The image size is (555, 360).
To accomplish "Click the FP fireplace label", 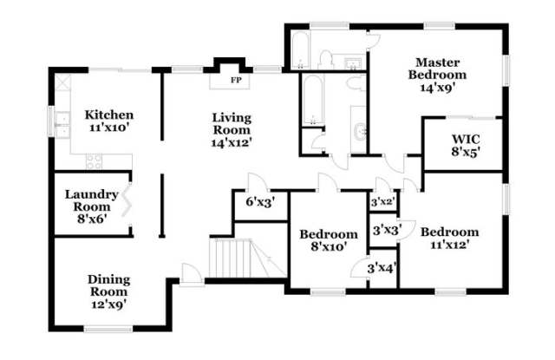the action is click(x=236, y=80).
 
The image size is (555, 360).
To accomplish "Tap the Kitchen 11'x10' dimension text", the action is click(x=108, y=128).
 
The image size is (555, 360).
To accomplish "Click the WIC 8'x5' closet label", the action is click(x=466, y=145).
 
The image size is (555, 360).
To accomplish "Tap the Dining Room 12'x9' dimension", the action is click(x=108, y=304).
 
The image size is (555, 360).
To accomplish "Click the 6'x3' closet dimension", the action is click(x=260, y=202).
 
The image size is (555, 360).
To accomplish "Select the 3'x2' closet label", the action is click(x=383, y=202).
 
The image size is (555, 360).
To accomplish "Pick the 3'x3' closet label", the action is click(x=387, y=231).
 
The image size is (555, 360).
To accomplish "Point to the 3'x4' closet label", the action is click(x=382, y=268).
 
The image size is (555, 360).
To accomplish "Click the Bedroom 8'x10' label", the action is click(x=329, y=240).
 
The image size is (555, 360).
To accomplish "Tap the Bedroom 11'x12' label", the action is click(x=450, y=239).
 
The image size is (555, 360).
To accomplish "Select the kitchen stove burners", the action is click(x=95, y=161).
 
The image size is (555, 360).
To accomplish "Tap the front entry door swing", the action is click(x=192, y=273).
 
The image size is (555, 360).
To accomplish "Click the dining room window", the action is click(x=108, y=329).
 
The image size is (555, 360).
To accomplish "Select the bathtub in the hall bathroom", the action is click(x=313, y=100).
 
